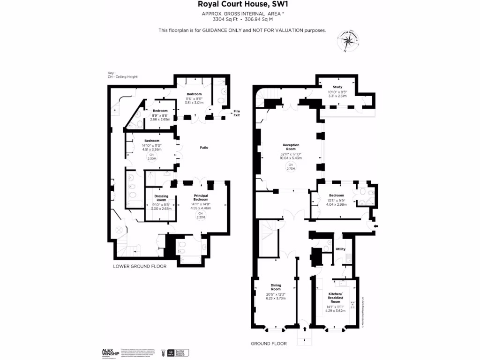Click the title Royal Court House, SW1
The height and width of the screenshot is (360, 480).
240,5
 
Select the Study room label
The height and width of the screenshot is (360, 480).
337,87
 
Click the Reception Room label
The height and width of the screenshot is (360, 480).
291,147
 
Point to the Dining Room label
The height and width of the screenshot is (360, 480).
276,287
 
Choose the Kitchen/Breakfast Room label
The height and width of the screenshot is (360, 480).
336,295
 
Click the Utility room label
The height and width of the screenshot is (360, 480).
341,249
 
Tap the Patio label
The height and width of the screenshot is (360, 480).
203,148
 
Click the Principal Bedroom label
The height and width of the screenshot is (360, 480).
201,197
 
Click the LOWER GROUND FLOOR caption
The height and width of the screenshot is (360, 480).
140,266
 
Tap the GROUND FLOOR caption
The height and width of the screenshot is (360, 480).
269,344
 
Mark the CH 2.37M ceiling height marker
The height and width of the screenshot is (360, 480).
201,215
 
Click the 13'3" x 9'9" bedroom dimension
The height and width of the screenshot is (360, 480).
336,200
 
